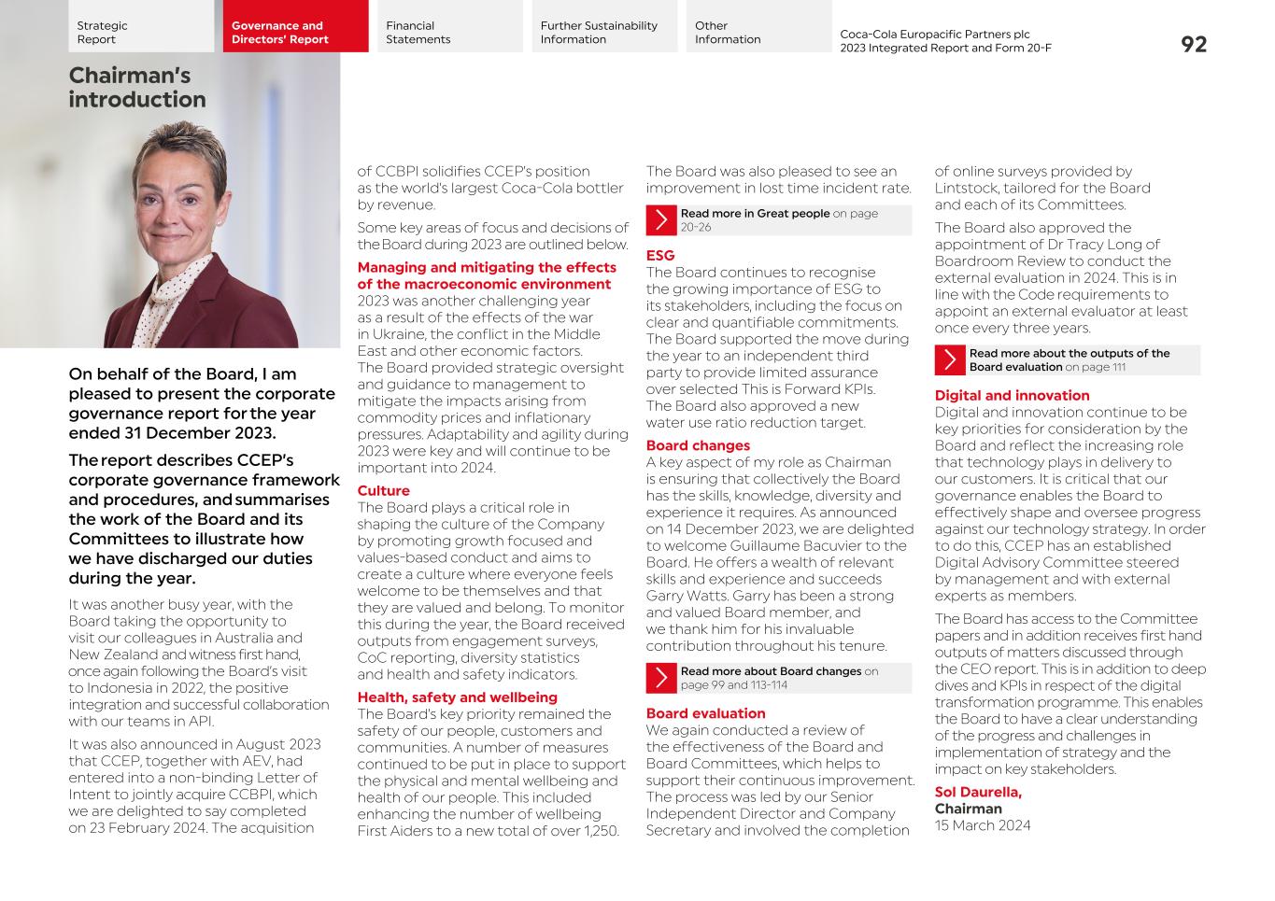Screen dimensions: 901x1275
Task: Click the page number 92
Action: [1193, 44]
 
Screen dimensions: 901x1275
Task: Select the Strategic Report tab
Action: [140, 32]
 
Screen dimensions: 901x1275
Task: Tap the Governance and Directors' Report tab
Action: [295, 32]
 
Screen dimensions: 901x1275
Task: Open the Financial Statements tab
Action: [449, 32]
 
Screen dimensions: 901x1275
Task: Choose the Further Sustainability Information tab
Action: [604, 32]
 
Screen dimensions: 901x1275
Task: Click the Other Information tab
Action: [758, 32]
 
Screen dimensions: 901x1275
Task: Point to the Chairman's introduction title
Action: [136, 87]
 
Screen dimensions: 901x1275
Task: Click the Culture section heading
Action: [383, 490]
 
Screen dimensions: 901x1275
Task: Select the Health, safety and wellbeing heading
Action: [457, 697]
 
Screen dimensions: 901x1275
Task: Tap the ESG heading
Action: [659, 255]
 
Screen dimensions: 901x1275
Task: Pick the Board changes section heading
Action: [698, 445]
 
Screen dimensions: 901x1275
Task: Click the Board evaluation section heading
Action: [705, 713]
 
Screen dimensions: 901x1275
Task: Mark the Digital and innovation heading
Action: [1012, 395]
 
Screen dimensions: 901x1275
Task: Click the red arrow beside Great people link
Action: [661, 220]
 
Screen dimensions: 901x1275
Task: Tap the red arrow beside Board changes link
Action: [661, 678]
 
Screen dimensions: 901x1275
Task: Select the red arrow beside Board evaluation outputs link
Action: [950, 360]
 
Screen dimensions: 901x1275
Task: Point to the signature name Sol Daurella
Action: [978, 792]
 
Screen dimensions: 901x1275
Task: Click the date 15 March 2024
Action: [983, 825]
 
